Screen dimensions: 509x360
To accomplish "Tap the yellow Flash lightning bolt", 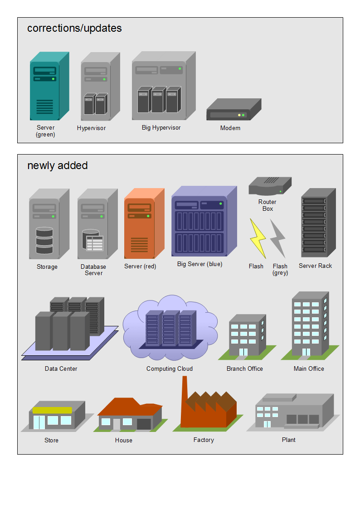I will click(x=257, y=238).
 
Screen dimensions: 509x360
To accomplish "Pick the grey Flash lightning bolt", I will click(x=278, y=238).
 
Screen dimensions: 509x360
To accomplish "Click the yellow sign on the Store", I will click(x=52, y=410).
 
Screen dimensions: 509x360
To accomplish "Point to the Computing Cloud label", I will click(x=170, y=369).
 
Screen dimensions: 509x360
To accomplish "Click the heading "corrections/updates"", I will click(x=74, y=28).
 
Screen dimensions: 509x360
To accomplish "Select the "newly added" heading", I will click(x=58, y=166).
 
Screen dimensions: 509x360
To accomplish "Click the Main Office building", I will click(x=310, y=324).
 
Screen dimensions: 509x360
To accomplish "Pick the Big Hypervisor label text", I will click(x=161, y=128).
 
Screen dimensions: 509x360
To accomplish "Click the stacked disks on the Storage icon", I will click(x=44, y=240).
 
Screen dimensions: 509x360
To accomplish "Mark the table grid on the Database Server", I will click(x=95, y=243).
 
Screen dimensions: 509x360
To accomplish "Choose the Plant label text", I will click(x=288, y=440).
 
